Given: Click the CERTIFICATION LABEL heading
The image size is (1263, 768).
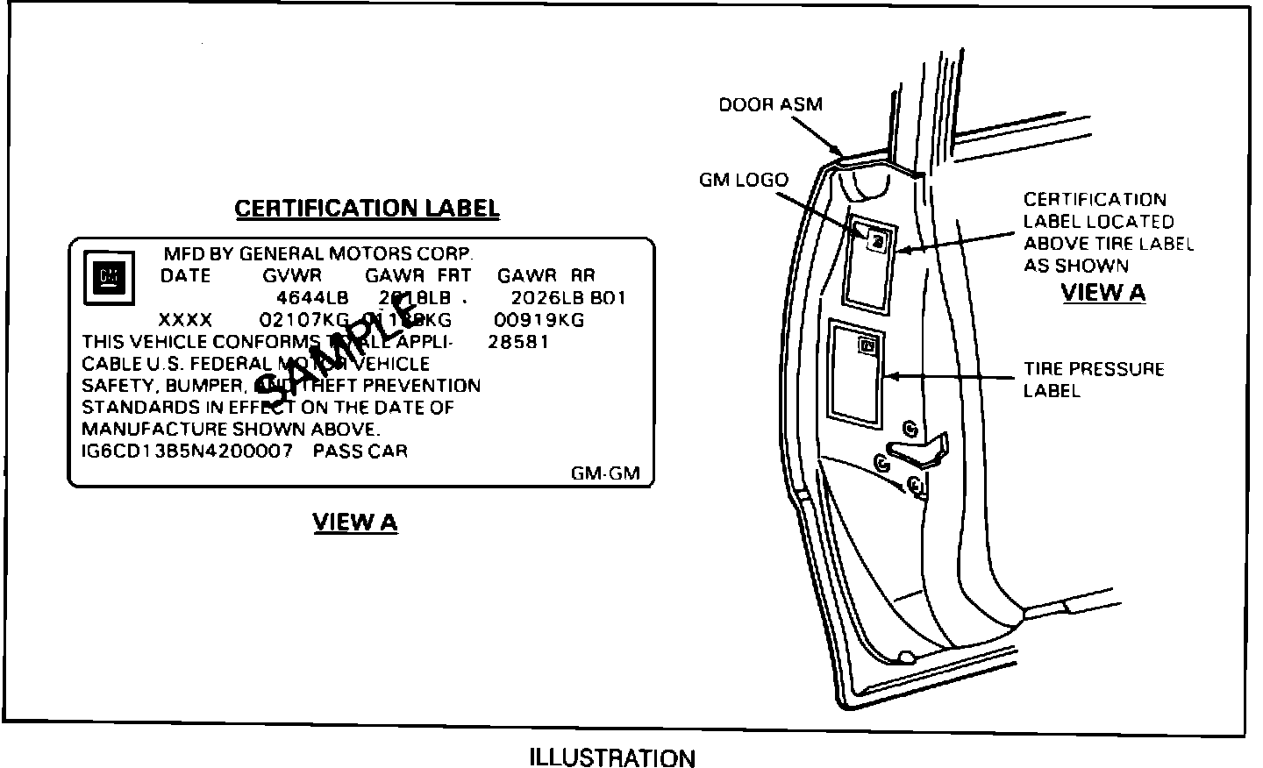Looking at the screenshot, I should (367, 209).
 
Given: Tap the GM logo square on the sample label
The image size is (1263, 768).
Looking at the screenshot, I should (108, 280).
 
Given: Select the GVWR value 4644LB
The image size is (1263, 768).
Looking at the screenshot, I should (312, 298).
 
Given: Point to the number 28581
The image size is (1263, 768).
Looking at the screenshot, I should (517, 342).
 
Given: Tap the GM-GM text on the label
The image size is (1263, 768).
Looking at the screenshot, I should (605, 474).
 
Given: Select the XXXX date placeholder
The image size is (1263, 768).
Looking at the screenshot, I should (185, 320).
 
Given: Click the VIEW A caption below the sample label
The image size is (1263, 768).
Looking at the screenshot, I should (355, 523).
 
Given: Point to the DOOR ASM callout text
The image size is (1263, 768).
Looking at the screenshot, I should (771, 105).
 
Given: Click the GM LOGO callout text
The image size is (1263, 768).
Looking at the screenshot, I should (744, 181).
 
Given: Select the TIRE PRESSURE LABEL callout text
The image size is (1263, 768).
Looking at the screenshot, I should (1093, 380).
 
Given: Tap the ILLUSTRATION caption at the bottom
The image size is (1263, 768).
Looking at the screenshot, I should (612, 757).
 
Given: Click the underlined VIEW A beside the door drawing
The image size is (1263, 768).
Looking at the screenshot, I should (1103, 293).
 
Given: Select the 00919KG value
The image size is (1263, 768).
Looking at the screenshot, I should (539, 320).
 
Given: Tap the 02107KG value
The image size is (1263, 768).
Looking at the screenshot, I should (304, 320).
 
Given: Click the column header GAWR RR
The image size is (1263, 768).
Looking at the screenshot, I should (546, 275).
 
